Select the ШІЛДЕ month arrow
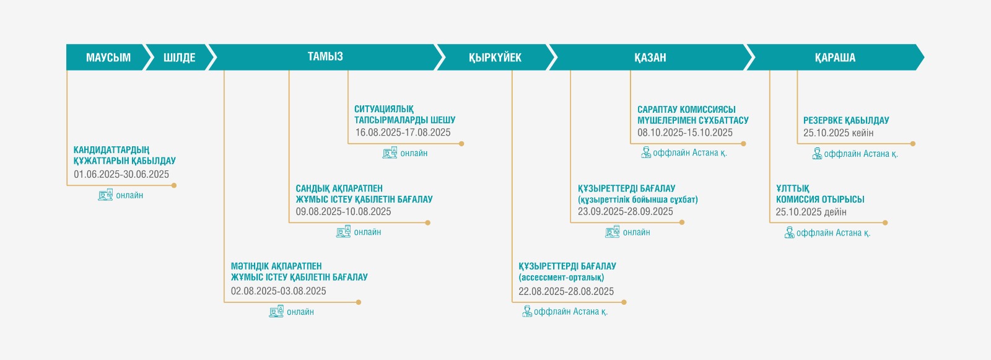pos(180,57)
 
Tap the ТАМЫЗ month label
pos(325,56)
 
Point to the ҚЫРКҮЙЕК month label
pos(495,58)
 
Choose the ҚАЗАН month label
pos(650,58)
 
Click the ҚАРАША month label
pos(835,58)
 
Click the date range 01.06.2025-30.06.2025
pos(121,175)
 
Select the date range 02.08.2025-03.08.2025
pos(278,291)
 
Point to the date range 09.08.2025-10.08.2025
pos(343,212)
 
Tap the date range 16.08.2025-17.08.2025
pos(403,133)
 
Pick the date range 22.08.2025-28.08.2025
pos(566,291)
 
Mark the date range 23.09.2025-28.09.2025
pos(625,212)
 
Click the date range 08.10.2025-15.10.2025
pos(685,133)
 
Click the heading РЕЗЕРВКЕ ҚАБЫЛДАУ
pos(846,120)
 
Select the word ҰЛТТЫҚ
pos(792,188)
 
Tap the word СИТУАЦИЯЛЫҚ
pos(384,109)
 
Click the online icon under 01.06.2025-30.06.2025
pos(105,195)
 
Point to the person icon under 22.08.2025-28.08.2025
pos(526,311)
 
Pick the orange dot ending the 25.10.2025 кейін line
pos(913,144)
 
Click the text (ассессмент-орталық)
pos(561,278)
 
